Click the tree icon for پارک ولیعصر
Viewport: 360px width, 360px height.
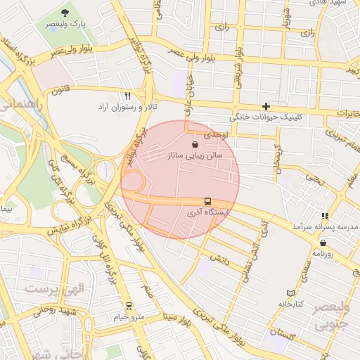(x=65, y=13)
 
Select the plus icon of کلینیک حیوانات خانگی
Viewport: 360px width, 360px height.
(x=266, y=105)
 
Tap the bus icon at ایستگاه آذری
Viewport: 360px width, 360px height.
(x=208, y=200)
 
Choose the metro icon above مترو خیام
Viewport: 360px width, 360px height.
(x=129, y=306)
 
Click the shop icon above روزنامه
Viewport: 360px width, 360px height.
(x=323, y=243)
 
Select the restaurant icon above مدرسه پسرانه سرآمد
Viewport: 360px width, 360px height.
(x=324, y=216)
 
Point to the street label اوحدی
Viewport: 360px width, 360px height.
(x=213, y=134)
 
